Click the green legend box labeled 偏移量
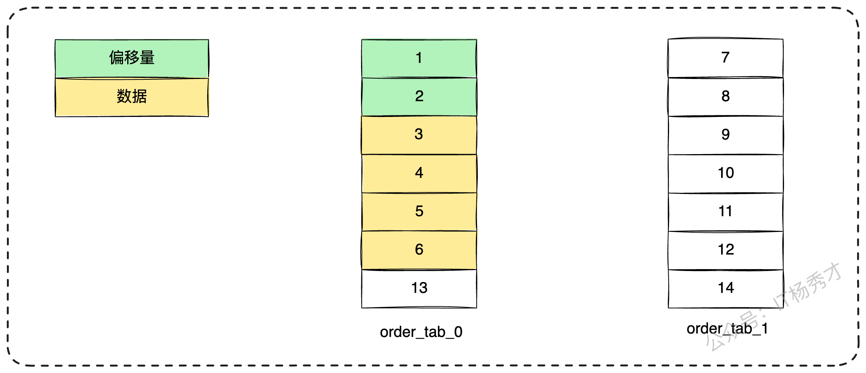pyautogui.click(x=132, y=59)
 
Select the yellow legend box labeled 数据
pyautogui.click(x=132, y=97)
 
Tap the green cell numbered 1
pyautogui.click(x=419, y=59)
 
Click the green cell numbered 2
pyautogui.click(x=419, y=97)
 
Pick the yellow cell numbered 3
pyautogui.click(x=419, y=135)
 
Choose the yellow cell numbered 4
pyautogui.click(x=419, y=174)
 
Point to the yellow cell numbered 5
pyautogui.click(x=419, y=212)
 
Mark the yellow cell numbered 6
pyautogui.click(x=419, y=250)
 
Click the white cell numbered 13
pyautogui.click(x=419, y=289)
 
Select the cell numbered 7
pyautogui.click(x=726, y=58)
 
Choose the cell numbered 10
pyautogui.click(x=726, y=174)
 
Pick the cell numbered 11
pyautogui.click(x=726, y=212)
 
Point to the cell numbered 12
pyautogui.click(x=726, y=250)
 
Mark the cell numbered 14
pyautogui.click(x=726, y=289)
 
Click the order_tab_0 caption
pyautogui.click(x=421, y=332)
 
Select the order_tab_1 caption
pyautogui.click(x=727, y=329)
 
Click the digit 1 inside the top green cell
pyautogui.click(x=419, y=58)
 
